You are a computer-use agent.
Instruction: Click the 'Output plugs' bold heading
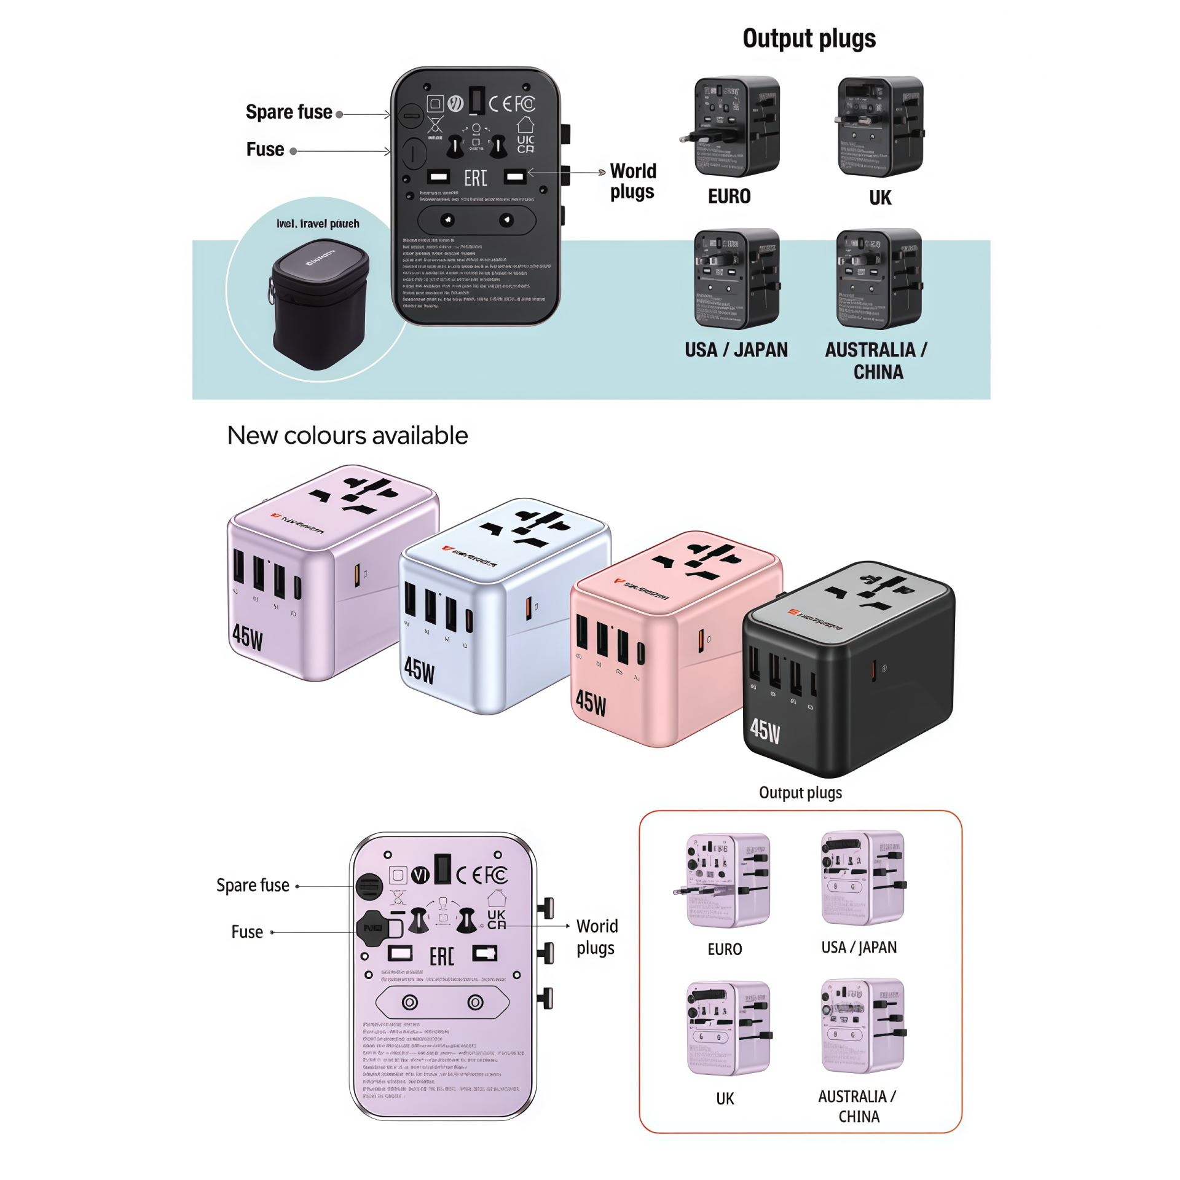point(809,39)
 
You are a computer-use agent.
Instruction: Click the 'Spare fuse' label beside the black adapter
point(289,112)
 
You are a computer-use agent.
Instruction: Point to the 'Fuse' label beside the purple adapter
point(247,932)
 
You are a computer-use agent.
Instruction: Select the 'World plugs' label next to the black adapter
point(632,181)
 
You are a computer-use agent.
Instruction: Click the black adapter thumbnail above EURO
point(730,127)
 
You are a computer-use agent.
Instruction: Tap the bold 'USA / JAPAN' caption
point(736,350)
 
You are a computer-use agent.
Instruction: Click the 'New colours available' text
point(347,436)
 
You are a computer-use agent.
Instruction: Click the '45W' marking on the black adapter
point(765,730)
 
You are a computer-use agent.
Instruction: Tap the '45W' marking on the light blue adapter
point(419,670)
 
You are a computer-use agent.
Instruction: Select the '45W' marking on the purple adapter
point(248,637)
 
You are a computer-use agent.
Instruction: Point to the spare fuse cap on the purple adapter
point(369,886)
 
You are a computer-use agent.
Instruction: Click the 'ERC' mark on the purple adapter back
point(441,956)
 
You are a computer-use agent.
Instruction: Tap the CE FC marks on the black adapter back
point(511,103)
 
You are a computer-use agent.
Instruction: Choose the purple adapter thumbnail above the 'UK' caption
point(728,1028)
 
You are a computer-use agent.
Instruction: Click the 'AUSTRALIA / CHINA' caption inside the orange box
point(858,1106)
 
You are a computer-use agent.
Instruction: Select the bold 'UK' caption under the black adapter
point(880,198)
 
